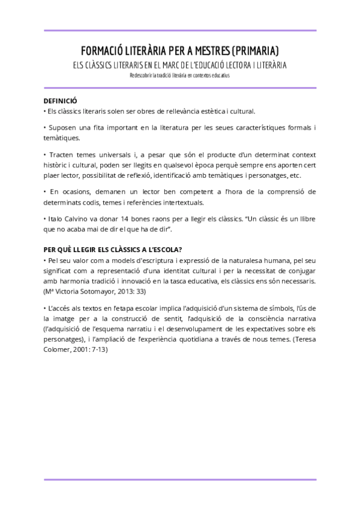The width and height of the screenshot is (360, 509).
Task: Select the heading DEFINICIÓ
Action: pos(61,101)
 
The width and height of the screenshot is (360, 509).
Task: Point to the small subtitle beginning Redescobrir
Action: pos(179,76)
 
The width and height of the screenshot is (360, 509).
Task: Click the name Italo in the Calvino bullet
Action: pos(56,219)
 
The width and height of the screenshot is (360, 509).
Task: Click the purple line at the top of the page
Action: pos(179,30)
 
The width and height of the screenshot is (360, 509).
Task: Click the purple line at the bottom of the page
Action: pos(179,479)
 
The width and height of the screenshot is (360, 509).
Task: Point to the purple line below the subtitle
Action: pos(179,88)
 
